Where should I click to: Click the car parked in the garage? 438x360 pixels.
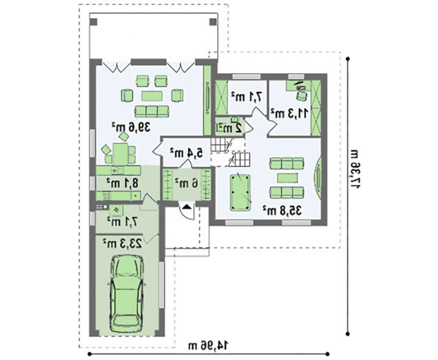pos(127,293)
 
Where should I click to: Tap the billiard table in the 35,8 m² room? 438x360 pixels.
pos(240,192)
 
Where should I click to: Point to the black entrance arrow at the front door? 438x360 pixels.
pos(187,207)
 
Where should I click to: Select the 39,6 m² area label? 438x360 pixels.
pos(131,127)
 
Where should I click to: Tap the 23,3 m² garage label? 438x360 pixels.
pos(122,243)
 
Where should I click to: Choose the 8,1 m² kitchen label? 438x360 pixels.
pos(122,183)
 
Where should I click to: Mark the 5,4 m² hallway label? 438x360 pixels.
pos(187,153)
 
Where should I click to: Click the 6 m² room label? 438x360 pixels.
pos(187,183)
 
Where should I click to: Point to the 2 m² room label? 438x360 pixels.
pos(230,128)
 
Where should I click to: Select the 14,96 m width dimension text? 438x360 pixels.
pos(208,346)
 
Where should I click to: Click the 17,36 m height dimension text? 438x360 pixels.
pos(355,168)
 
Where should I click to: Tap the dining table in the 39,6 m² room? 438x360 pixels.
pos(120,154)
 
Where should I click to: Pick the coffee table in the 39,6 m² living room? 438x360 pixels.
pos(152,96)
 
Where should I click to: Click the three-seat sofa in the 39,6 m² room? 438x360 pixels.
pos(152,111)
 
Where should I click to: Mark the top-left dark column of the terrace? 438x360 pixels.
pos(94,22)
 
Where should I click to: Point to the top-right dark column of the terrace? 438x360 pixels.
pos(213,22)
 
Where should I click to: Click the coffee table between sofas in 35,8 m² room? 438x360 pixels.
pos(287,178)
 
